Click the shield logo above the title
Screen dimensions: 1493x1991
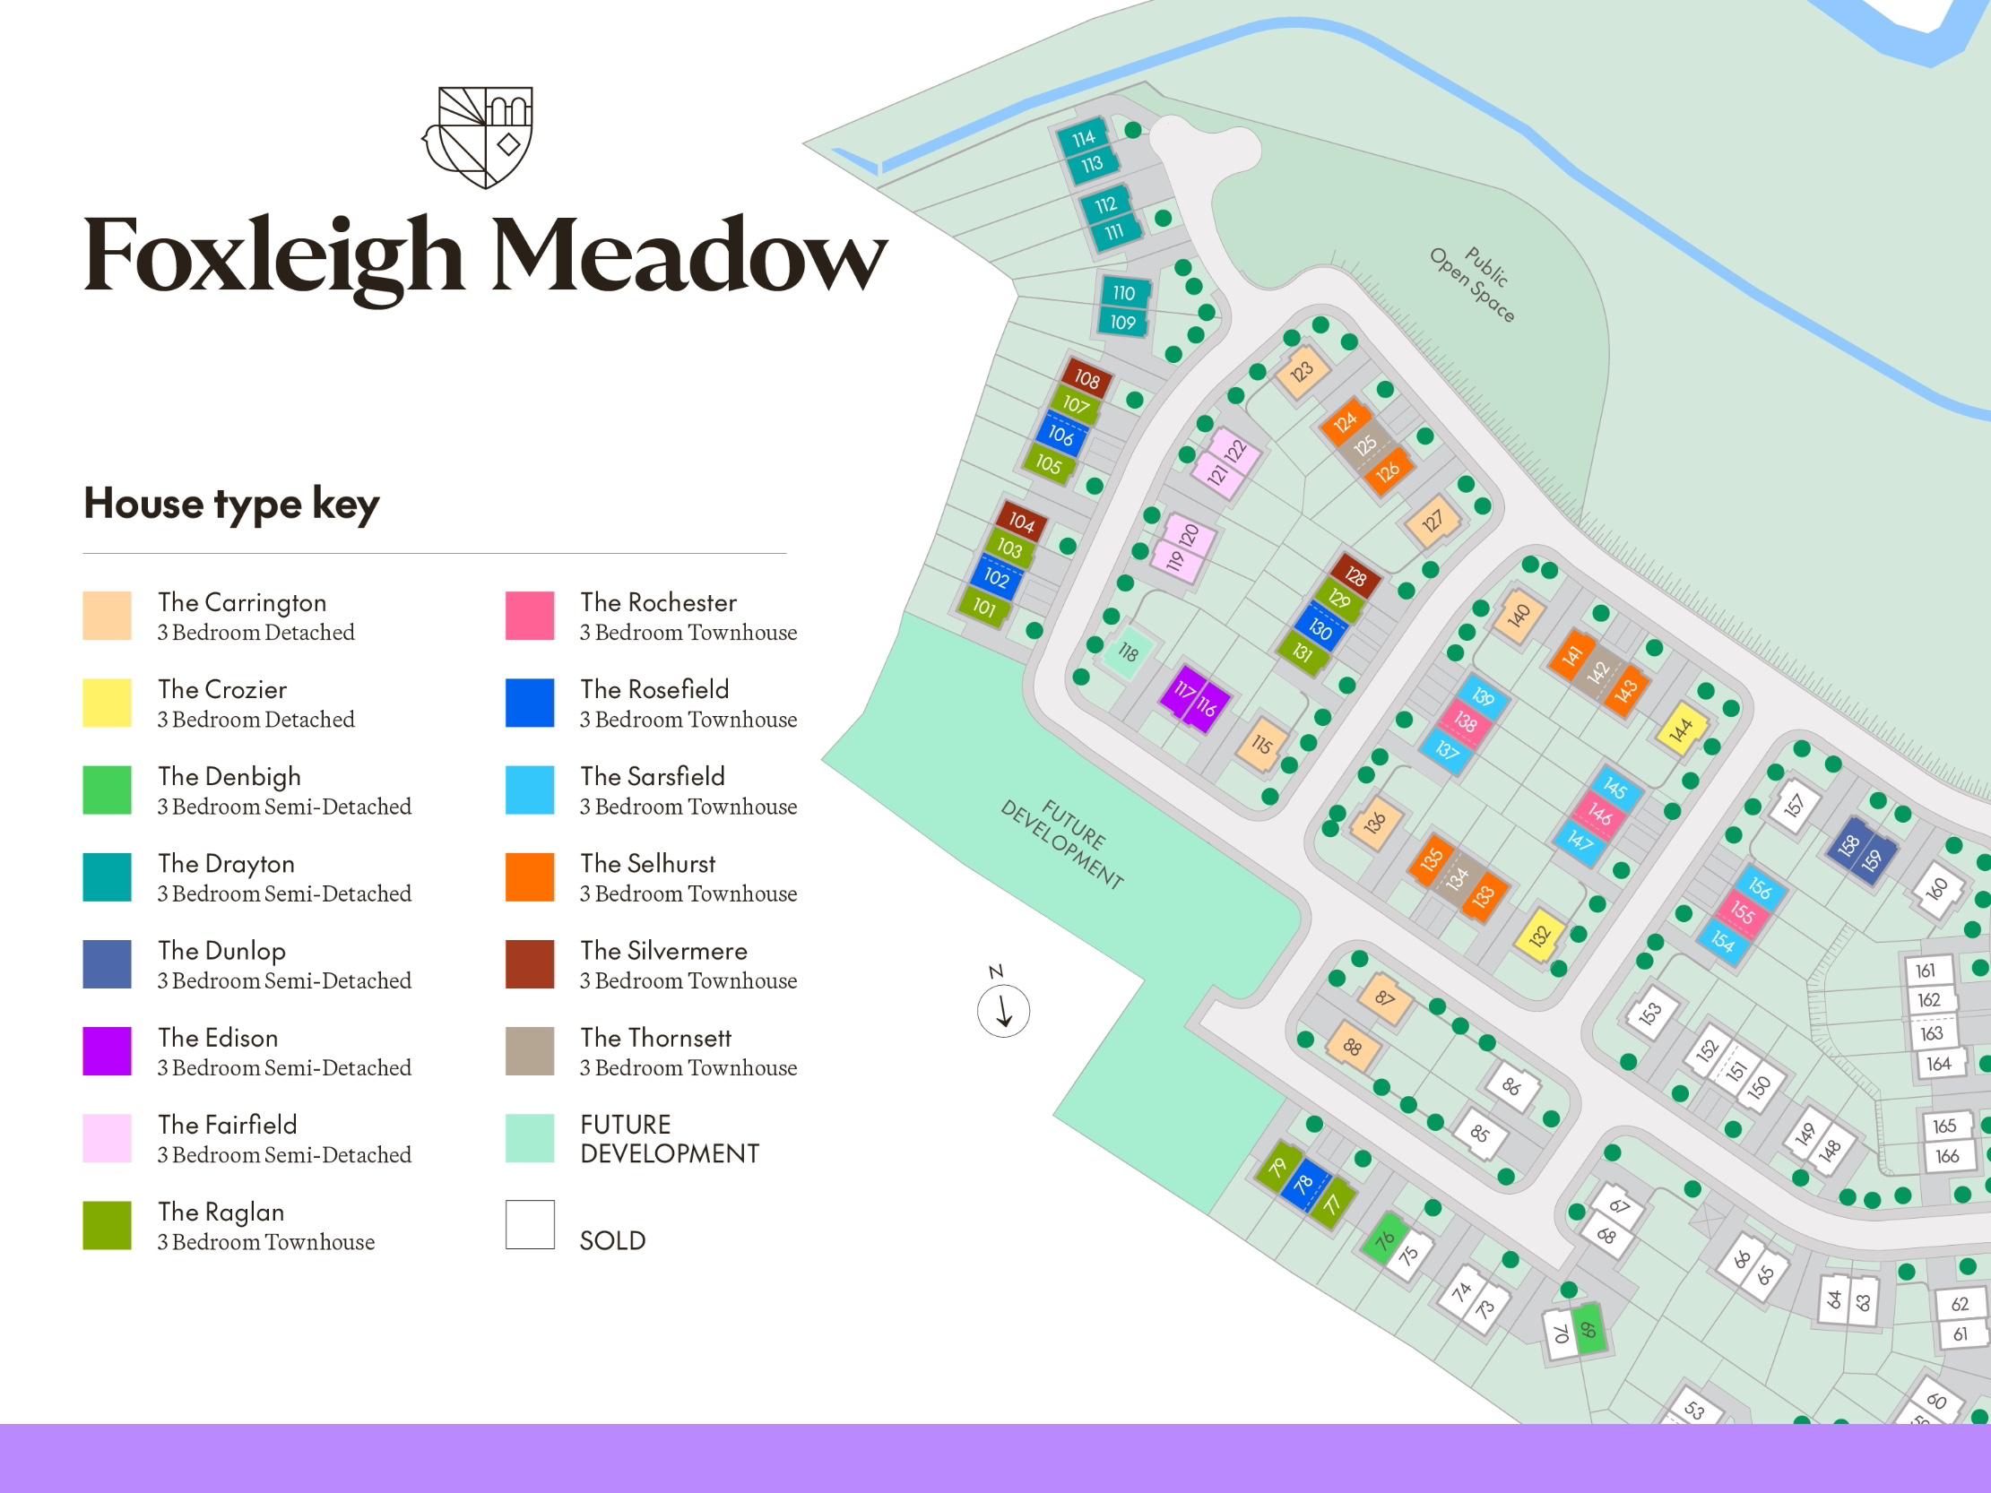point(479,137)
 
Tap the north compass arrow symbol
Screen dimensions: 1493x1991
point(1004,1011)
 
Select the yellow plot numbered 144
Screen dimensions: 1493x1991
point(1681,729)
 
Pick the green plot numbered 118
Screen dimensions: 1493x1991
point(1127,652)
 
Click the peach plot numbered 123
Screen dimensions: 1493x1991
point(1302,372)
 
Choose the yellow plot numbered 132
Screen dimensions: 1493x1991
point(1540,936)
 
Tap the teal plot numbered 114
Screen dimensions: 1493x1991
point(1083,138)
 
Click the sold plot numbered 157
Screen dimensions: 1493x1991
point(1794,805)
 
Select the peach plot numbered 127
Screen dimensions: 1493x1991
point(1431,521)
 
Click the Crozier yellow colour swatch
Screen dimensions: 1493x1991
point(107,703)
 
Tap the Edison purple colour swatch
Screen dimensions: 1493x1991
point(107,1051)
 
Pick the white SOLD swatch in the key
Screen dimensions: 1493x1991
point(529,1225)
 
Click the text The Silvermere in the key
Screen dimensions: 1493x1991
point(663,951)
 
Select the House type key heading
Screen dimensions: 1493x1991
point(231,503)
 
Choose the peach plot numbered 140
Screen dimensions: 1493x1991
point(1519,617)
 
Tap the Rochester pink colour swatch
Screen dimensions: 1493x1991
point(529,616)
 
